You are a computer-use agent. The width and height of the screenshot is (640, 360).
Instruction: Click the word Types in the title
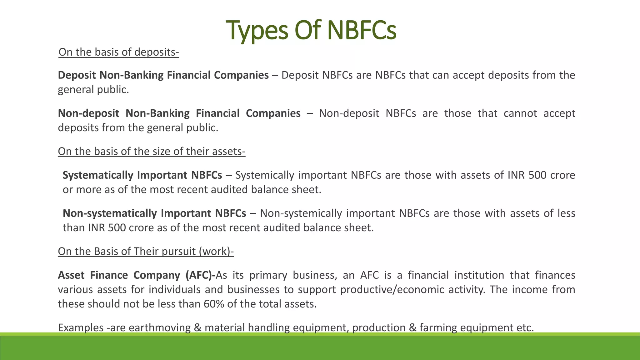click(x=257, y=31)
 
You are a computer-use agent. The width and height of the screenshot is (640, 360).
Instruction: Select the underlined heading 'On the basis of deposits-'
click(x=118, y=52)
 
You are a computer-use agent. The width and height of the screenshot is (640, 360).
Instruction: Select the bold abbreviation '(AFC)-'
click(x=200, y=275)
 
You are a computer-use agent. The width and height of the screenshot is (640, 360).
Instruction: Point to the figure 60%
click(x=214, y=304)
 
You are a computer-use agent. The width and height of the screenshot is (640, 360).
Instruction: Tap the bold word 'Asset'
click(x=71, y=275)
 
